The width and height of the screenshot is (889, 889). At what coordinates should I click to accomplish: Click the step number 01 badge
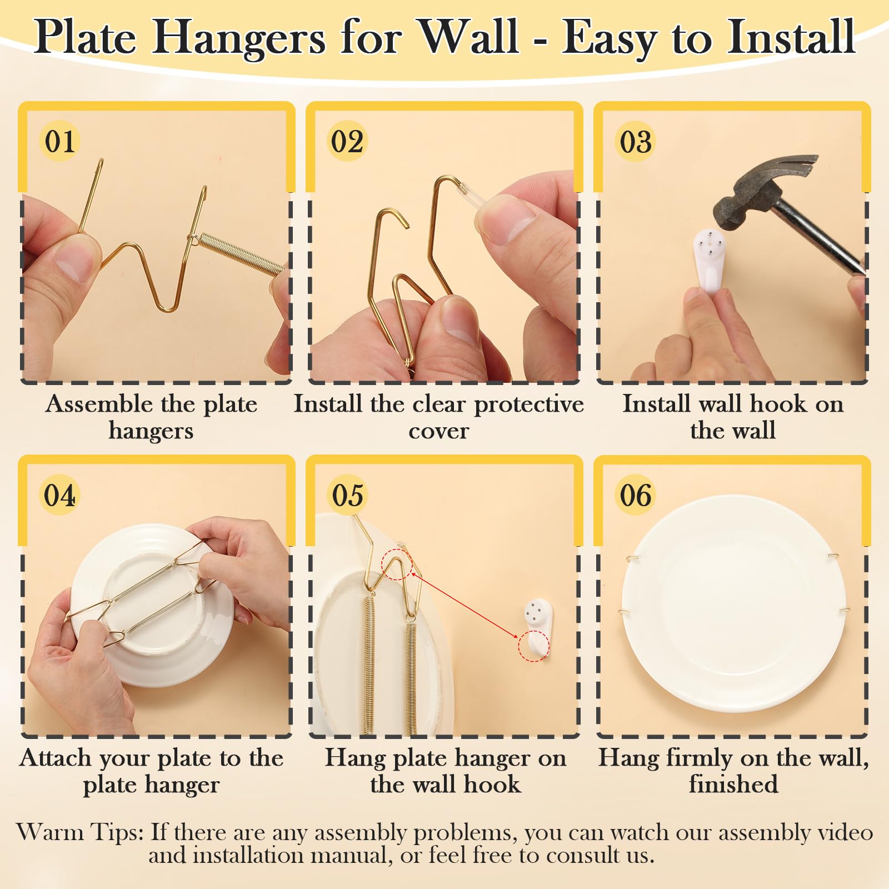point(59,141)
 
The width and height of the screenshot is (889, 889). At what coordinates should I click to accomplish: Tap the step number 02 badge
point(347,141)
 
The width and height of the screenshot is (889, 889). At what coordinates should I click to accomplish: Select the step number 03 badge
point(636,141)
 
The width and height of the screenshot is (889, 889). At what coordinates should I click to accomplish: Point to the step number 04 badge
point(59,495)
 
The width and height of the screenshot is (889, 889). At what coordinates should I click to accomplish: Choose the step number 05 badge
point(347,495)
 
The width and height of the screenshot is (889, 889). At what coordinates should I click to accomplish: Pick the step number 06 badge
point(636,495)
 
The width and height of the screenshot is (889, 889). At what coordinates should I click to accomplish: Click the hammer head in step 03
point(761,192)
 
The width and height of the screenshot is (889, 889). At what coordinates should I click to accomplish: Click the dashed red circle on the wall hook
point(533,646)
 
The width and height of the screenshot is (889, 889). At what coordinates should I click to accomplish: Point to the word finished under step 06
point(733,784)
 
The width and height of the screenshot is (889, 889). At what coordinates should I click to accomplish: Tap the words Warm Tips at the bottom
point(81,832)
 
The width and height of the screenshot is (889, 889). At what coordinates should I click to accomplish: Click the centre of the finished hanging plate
point(733,603)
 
